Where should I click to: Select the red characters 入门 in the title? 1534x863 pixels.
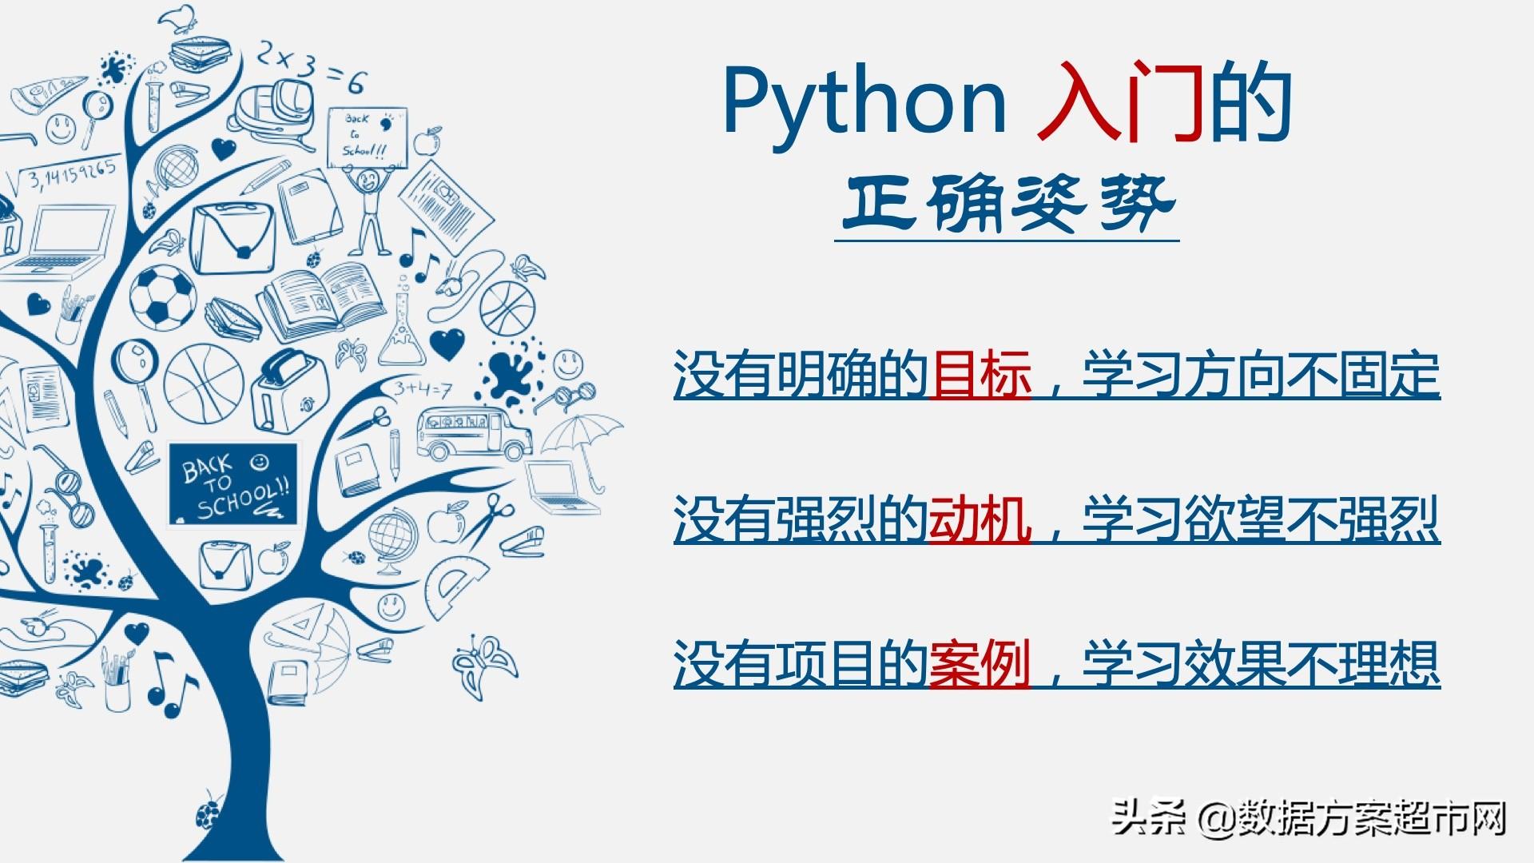point(1120,102)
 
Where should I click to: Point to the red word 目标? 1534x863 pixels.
point(981,375)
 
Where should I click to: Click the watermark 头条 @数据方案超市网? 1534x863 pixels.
point(1310,819)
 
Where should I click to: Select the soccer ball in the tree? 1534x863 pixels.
point(162,296)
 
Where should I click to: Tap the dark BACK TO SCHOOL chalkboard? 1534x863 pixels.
point(232,484)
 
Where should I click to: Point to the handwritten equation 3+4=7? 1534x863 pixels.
point(422,390)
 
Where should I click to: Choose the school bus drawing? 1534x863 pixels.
point(473,433)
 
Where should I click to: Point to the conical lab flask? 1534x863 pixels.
point(402,328)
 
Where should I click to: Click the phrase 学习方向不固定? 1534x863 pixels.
point(1261,375)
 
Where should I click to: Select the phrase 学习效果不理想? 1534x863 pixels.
point(1261,664)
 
